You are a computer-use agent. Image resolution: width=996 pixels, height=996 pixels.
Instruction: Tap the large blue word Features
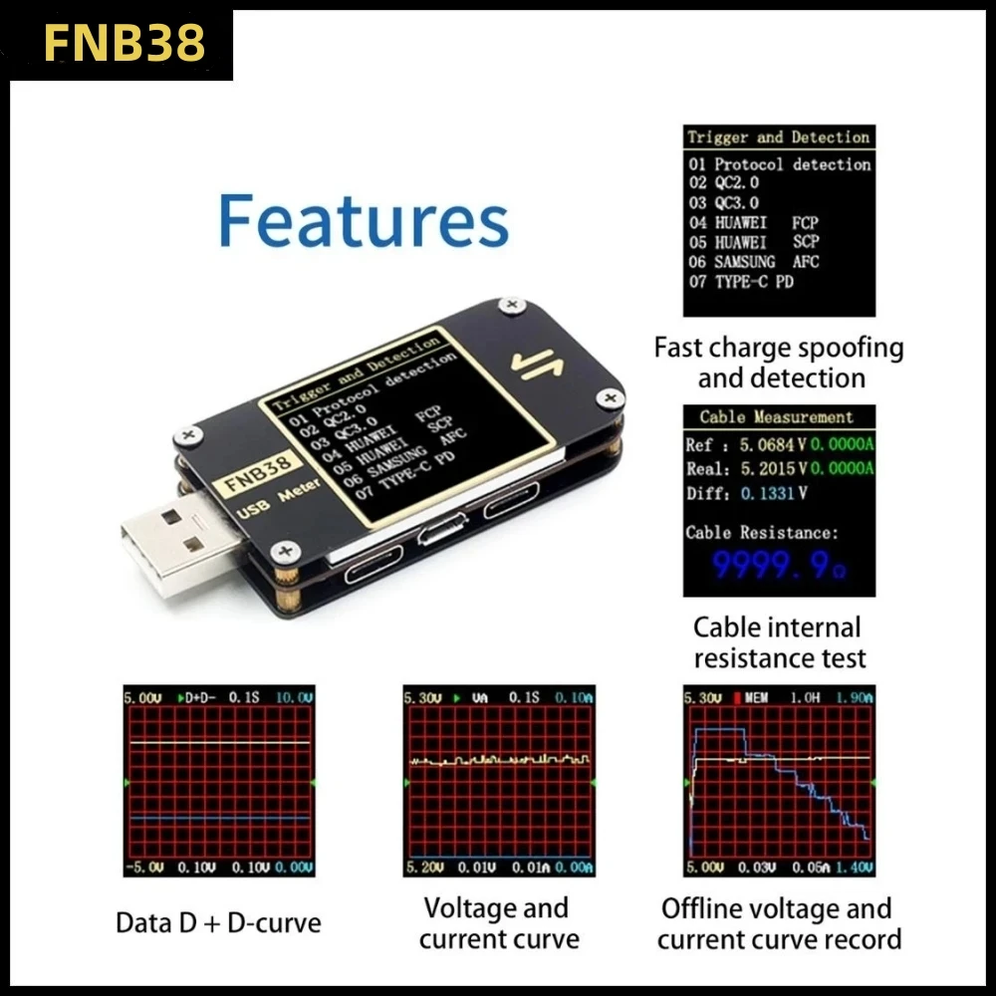[364, 220]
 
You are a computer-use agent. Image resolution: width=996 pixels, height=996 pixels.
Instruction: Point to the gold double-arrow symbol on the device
[538, 365]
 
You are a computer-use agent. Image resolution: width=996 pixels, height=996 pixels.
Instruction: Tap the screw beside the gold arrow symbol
[511, 304]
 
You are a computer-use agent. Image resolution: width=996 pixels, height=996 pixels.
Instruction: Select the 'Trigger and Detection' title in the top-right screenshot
[778, 137]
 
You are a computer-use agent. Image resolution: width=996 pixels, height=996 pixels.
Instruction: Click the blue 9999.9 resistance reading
[772, 568]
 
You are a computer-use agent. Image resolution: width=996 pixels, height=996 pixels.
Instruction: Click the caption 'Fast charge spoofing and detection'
[779, 363]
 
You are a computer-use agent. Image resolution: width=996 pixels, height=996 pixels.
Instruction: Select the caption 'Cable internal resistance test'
[779, 642]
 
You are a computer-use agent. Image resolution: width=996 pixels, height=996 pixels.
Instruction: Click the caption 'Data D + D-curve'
[218, 922]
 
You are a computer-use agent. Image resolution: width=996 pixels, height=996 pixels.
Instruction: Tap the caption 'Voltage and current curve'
[499, 923]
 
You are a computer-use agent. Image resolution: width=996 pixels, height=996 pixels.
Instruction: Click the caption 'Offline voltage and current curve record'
[779, 923]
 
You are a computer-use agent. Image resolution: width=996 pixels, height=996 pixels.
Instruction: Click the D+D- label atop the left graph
[198, 697]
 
